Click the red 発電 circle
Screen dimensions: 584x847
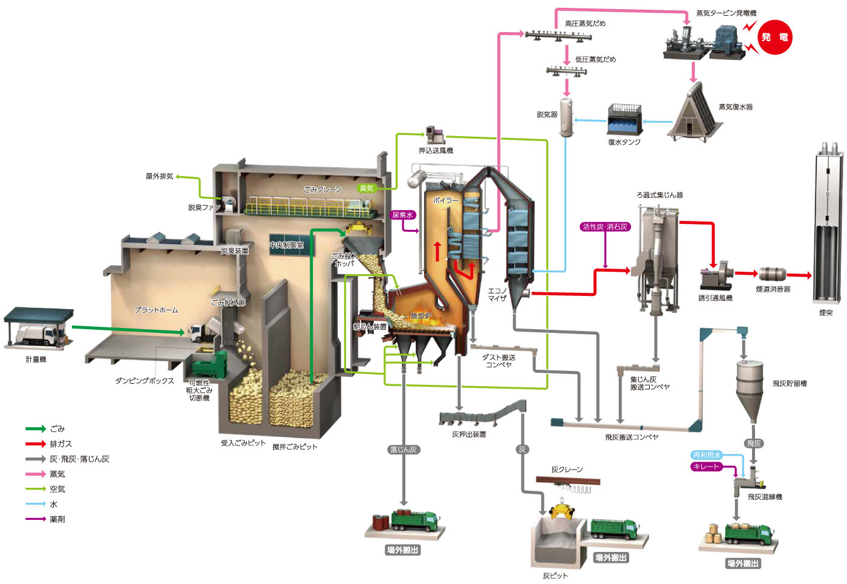(775, 38)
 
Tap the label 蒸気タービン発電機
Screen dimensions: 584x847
(726, 13)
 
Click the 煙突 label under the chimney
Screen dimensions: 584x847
(826, 313)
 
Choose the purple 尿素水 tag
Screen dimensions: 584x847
(403, 215)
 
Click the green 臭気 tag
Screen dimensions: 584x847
(367, 188)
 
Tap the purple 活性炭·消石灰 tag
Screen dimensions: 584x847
(605, 227)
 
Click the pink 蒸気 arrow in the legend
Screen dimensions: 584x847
(36, 474)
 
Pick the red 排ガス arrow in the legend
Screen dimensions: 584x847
(36, 444)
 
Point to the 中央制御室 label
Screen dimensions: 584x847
(287, 245)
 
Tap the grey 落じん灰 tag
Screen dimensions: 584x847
(404, 450)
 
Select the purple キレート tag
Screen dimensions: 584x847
(707, 467)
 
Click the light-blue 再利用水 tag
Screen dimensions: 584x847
(707, 455)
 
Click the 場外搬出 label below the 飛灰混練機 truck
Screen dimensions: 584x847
(743, 563)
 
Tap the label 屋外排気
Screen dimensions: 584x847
(159, 176)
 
